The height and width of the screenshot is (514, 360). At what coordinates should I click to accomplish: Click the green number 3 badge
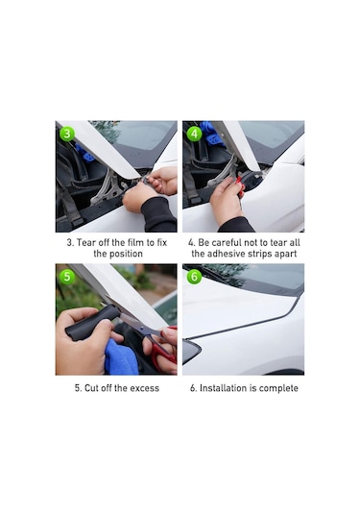(x=66, y=133)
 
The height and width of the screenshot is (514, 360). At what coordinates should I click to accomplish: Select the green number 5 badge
(x=66, y=276)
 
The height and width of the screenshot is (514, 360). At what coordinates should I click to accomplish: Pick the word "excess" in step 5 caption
(x=141, y=388)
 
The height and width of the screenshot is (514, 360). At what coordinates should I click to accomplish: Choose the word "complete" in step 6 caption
(x=278, y=388)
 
